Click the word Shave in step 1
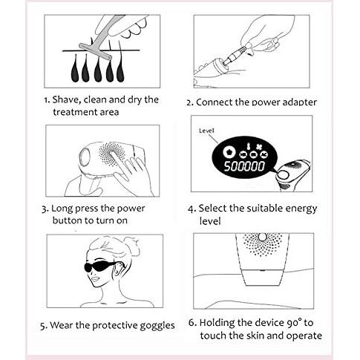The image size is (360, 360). click(x=66, y=99)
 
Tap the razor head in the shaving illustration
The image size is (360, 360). click(x=96, y=51)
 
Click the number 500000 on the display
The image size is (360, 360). click(x=244, y=166)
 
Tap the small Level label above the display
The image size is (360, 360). click(x=206, y=131)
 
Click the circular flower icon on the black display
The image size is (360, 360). click(x=228, y=151)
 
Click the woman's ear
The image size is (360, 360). click(x=120, y=271)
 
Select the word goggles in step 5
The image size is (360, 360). click(x=157, y=326)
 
